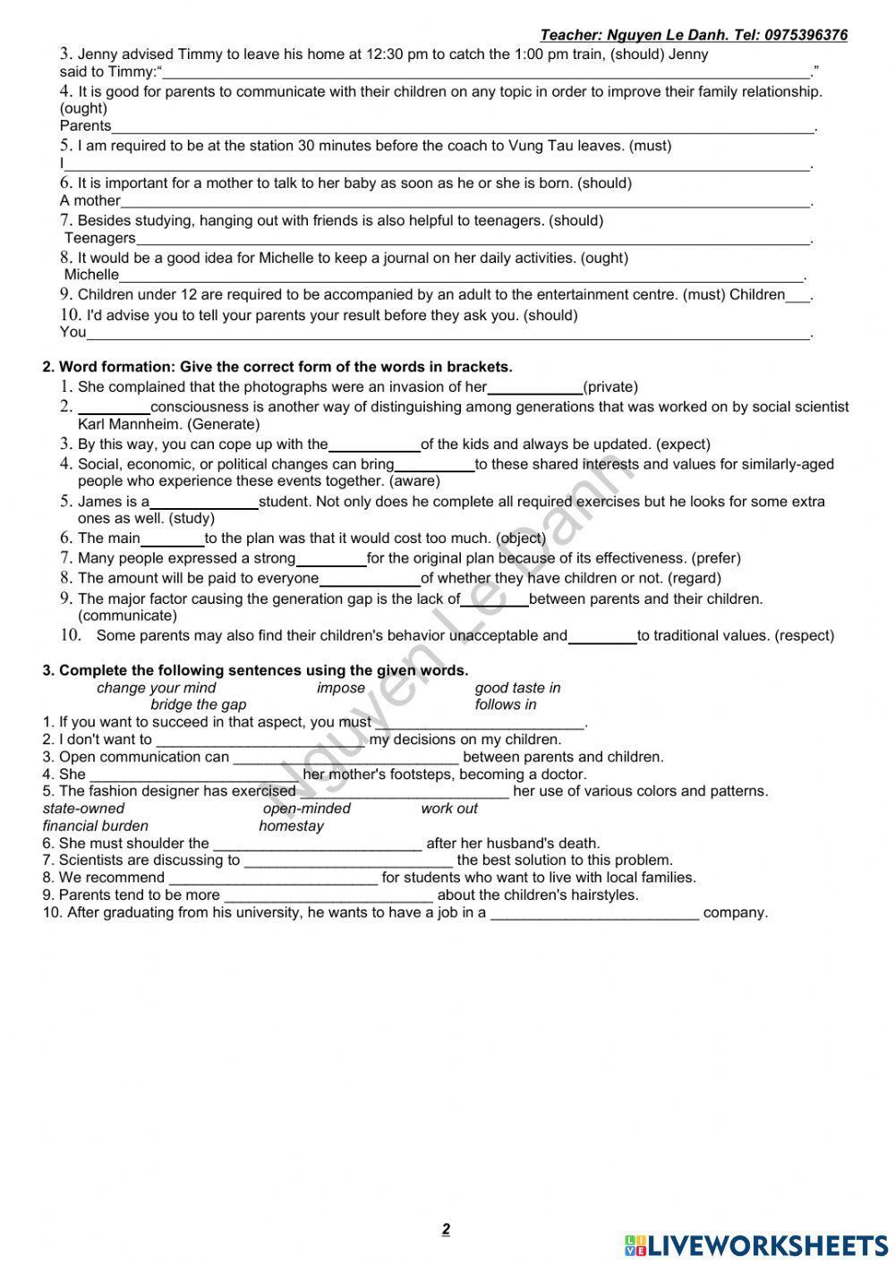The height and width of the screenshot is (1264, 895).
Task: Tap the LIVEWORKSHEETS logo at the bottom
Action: coord(756,1245)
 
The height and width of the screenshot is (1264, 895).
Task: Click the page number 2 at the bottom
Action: coord(446,1229)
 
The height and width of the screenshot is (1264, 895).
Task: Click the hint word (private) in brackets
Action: coord(610,387)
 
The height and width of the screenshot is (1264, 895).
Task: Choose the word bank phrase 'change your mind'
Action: coord(156,688)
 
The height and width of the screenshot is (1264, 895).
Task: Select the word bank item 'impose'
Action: coord(341,688)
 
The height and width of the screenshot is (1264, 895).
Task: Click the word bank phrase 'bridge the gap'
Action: coord(198,705)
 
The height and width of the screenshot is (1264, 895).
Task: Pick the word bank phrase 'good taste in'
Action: coord(517,688)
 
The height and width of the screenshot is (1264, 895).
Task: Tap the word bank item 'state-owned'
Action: coord(84,809)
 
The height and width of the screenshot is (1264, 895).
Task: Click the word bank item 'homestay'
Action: coord(291,826)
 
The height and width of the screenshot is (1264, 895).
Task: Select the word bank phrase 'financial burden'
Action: coord(96,826)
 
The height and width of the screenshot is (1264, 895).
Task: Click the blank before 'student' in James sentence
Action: coord(204,503)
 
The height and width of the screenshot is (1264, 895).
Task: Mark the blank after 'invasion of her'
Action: coord(534,388)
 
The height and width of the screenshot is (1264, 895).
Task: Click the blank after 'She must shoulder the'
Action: coord(317,844)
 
